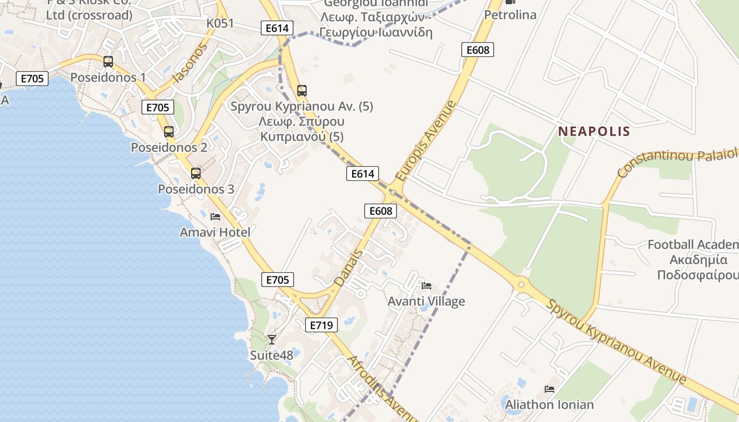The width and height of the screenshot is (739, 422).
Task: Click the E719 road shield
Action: (x=321, y=325)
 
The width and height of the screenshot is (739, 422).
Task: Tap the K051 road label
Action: (x=220, y=23)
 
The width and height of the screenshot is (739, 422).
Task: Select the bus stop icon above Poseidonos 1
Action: (x=108, y=62)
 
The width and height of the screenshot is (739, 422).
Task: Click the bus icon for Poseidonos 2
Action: (x=168, y=132)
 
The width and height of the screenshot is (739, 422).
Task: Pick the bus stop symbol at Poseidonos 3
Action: (x=196, y=173)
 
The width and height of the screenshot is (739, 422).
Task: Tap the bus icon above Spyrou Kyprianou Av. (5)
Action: (x=302, y=90)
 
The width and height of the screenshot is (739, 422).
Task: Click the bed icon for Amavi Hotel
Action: (x=215, y=216)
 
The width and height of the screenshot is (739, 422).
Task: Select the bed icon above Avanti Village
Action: (x=427, y=286)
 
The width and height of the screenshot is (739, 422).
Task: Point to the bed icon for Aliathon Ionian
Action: (x=549, y=389)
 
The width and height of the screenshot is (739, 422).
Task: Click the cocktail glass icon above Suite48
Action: (x=272, y=339)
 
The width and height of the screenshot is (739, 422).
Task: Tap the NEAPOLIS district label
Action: (x=594, y=131)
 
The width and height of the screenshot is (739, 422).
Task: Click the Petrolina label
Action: (x=510, y=15)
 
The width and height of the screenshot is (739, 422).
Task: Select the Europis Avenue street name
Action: (x=425, y=141)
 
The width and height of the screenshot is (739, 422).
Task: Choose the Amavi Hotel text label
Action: (x=215, y=232)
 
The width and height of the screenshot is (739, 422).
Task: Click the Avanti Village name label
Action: (x=427, y=301)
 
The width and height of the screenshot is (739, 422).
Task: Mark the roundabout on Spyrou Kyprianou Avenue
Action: (x=522, y=284)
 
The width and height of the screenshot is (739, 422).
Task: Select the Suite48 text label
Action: (x=271, y=355)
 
